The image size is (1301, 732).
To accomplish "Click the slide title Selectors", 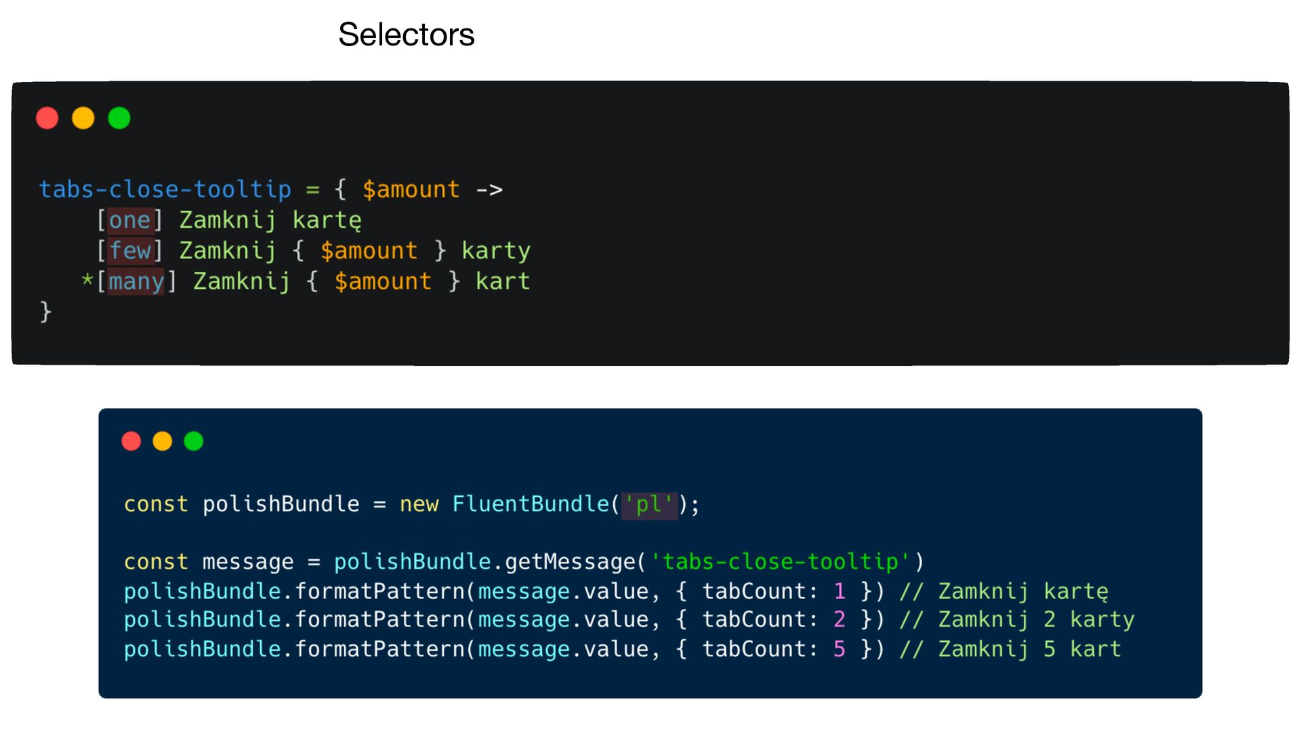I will [406, 35].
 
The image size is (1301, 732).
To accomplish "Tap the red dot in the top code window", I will [47, 118].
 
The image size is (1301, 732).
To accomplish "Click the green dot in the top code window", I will [119, 118].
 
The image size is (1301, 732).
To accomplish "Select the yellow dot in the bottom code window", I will [163, 441].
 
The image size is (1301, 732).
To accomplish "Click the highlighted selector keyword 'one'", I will [129, 220].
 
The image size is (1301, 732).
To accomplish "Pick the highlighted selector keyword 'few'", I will [129, 251].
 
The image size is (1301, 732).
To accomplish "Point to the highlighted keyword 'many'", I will [136, 281].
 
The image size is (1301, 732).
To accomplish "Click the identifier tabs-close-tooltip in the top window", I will [165, 190].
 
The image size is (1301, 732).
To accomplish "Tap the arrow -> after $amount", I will [489, 190].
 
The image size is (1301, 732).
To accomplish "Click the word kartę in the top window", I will [327, 220].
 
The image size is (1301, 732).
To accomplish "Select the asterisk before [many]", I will [87, 280].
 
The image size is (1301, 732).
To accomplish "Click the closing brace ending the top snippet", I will [45, 312].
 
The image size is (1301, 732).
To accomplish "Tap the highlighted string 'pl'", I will [649, 504].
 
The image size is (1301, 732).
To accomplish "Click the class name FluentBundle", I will [531, 504].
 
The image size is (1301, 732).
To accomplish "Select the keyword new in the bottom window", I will [419, 504].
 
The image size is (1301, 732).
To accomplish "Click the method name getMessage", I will [570, 562].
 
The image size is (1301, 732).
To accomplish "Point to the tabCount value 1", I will [840, 592].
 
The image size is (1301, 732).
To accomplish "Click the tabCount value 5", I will [840, 649].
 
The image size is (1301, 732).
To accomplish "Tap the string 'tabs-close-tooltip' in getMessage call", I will [781, 562].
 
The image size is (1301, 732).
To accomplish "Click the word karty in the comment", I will [1102, 619].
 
